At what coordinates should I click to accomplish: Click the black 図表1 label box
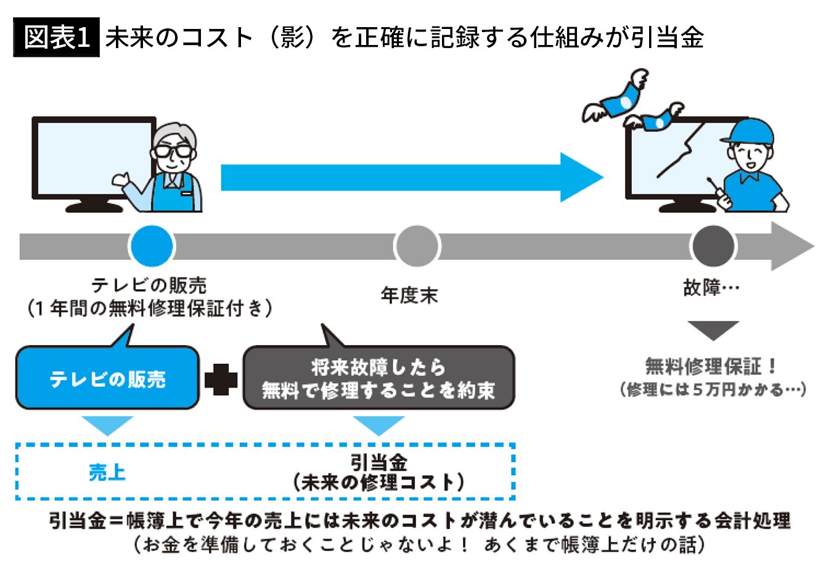coord(56,39)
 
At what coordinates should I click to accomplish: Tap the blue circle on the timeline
coord(151,246)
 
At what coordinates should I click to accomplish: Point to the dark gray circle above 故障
coord(713,246)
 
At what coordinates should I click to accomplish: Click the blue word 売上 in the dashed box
coord(107,473)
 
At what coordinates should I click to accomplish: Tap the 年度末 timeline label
coord(409,296)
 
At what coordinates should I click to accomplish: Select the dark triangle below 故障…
coord(713,330)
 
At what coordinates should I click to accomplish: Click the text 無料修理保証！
coord(712,367)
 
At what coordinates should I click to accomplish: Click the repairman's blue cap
coord(750,130)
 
